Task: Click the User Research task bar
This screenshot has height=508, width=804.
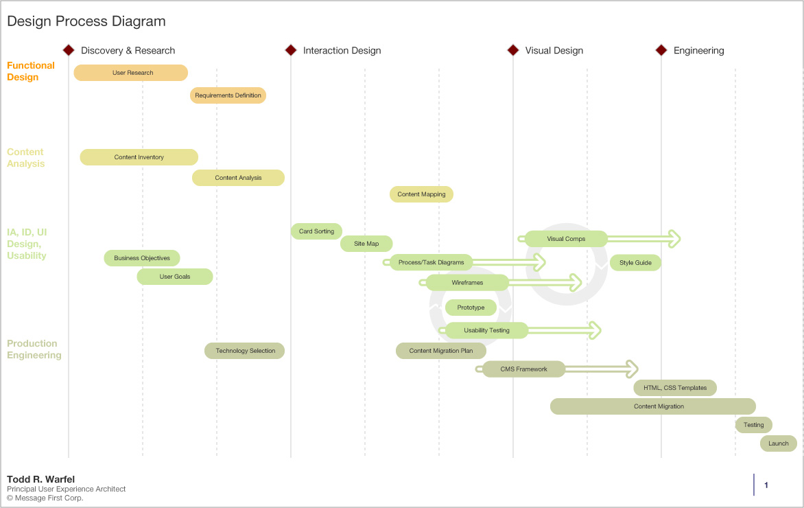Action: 130,73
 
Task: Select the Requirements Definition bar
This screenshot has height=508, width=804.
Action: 228,95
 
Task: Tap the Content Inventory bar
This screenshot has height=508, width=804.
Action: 139,157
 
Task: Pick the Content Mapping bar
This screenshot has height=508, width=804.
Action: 421,194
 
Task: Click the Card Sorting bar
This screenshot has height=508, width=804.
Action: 316,231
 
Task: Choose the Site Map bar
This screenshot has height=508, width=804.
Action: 366,244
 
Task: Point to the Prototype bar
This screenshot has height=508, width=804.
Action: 471,308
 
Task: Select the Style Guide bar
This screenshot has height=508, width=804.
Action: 635,263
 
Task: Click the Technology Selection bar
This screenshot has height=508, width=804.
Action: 245,351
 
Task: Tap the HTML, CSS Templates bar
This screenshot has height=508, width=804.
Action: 675,388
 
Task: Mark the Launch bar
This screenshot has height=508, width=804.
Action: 779,443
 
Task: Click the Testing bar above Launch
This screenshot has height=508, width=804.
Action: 754,425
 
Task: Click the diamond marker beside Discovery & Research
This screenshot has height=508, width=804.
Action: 69,50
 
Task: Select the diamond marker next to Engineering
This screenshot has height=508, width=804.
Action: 661,50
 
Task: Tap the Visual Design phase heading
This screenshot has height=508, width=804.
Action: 554,51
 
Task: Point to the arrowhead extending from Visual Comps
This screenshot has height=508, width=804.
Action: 674,239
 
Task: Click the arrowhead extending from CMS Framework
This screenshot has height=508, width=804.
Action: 631,369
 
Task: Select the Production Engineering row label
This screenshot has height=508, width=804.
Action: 34,349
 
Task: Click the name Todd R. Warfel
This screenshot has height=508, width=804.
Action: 40,479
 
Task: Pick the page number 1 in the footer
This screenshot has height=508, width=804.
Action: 766,485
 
